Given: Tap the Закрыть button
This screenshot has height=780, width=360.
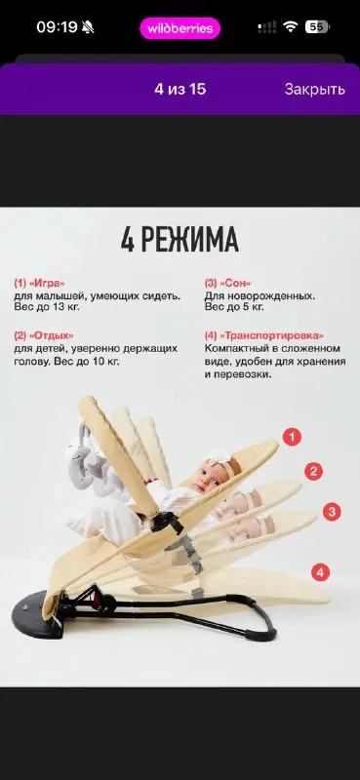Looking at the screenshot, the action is (x=315, y=90).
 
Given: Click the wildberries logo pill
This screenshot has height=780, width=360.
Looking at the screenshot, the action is (x=180, y=28).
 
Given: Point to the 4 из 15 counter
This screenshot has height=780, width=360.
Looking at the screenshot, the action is (x=180, y=90).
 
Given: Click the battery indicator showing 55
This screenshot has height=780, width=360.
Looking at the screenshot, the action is (x=317, y=27).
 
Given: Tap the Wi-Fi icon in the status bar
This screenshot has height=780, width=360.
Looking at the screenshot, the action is (x=290, y=27).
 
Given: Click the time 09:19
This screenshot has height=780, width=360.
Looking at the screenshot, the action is (x=58, y=27).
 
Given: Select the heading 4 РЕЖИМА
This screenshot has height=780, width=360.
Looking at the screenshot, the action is (x=180, y=240).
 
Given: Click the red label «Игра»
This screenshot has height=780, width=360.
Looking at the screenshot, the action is (x=47, y=284).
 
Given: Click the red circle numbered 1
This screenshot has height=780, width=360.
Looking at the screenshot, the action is (x=293, y=437).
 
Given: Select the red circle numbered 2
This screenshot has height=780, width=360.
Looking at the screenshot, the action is (x=313, y=471).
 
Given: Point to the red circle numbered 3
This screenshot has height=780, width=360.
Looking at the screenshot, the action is (x=332, y=512).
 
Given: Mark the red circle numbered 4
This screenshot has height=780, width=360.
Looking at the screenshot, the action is (x=321, y=572).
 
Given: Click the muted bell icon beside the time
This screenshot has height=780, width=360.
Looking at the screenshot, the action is (x=88, y=28).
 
